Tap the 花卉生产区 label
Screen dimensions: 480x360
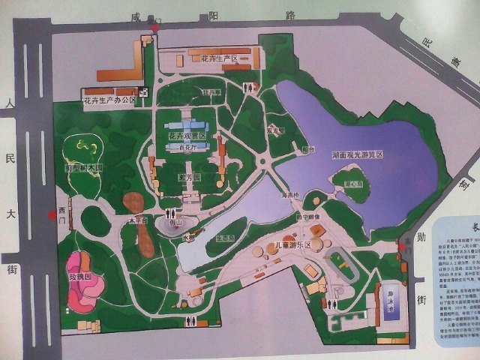[x=213, y=57]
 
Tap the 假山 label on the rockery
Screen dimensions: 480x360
[x=177, y=223]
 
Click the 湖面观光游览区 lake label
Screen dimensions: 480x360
[x=358, y=154]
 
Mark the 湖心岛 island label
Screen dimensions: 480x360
[x=352, y=183]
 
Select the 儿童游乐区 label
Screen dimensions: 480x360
[x=293, y=244]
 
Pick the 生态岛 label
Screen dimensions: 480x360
[x=225, y=238]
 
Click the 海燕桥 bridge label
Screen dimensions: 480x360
[x=289, y=195]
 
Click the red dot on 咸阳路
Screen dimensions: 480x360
[x=154, y=28]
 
